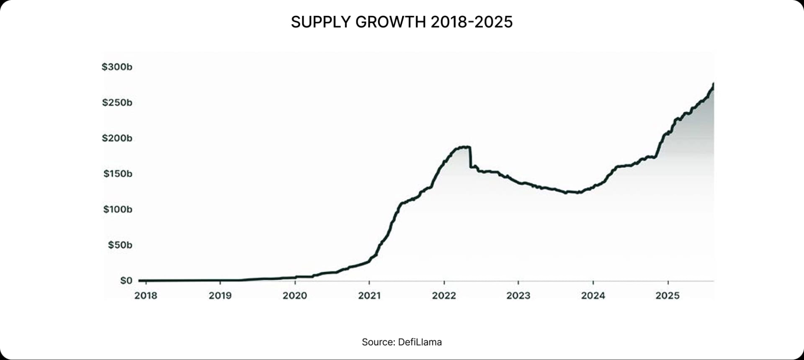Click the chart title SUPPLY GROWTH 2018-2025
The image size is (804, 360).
coord(402,22)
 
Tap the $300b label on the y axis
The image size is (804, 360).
coord(117,67)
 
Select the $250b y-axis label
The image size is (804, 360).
coord(117,103)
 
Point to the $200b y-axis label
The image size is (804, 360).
coord(117,138)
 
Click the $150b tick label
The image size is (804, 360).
coord(118,174)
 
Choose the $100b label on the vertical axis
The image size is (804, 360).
coord(118,209)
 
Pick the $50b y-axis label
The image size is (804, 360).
coord(120,245)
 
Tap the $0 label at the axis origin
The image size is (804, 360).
coord(126,280)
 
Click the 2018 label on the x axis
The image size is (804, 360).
coord(146,296)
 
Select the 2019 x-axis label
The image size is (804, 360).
coord(220,296)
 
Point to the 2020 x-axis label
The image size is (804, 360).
coord(295,296)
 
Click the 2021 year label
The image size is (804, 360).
coord(369,296)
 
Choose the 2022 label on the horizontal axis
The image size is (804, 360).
coord(444,296)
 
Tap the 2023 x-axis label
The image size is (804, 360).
coord(518,296)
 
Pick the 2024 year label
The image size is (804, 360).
coord(593,296)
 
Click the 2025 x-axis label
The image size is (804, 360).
coord(667,296)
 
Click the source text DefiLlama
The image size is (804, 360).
coord(420,342)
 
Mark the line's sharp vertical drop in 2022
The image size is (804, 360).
coord(470,157)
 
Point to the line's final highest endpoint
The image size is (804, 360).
coord(713,84)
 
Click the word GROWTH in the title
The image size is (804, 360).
coord(391,22)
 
